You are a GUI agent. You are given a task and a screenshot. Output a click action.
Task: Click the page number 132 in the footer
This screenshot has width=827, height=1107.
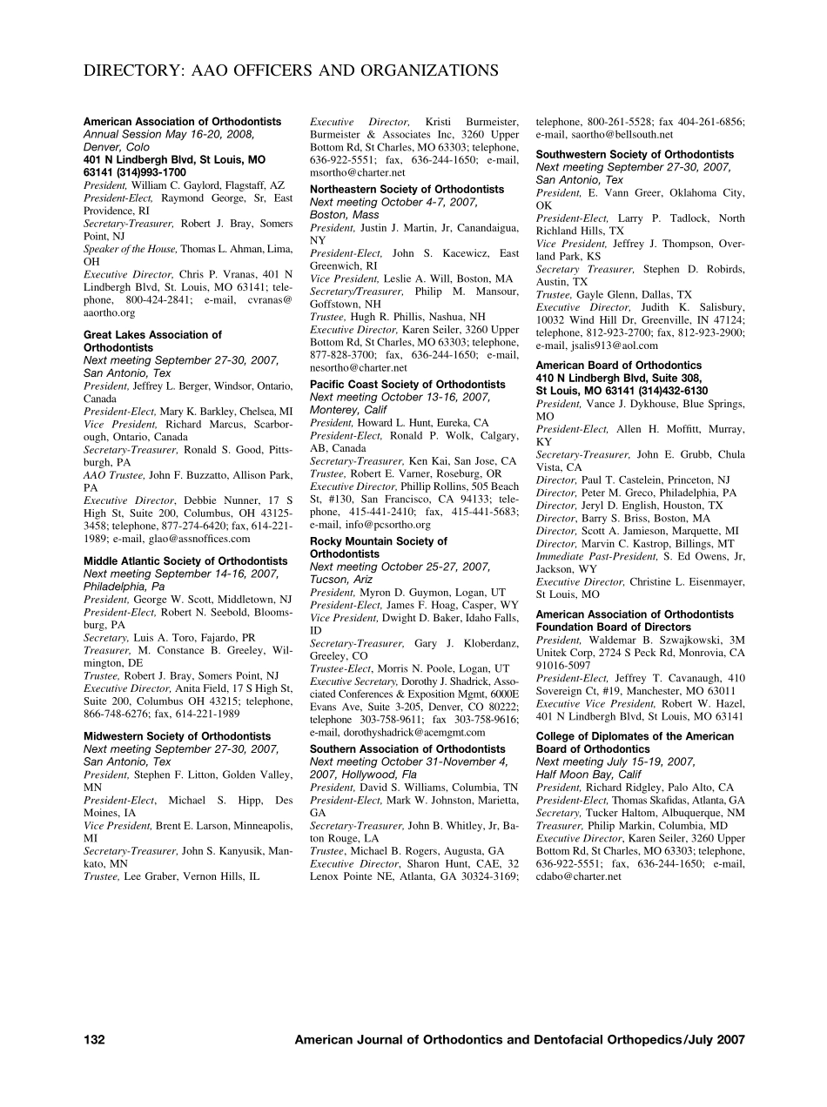pyautogui.click(x=94, y=1039)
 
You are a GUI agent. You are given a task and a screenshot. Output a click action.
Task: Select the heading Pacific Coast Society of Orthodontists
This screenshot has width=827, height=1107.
pyautogui.click(x=407, y=385)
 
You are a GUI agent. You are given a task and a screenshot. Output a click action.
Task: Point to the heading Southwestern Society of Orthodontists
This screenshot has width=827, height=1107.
pyautogui.click(x=635, y=155)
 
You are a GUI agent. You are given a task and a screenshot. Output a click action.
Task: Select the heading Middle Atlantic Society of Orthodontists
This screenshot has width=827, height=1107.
pyautogui.click(x=185, y=561)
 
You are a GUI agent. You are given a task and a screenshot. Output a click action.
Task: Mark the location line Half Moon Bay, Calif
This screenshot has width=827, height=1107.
pyautogui.click(x=588, y=775)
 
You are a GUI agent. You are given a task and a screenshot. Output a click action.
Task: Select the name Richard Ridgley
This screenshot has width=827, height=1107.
pyautogui.click(x=624, y=788)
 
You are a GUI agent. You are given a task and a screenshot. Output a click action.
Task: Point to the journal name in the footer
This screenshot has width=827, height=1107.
pyautogui.click(x=520, y=1039)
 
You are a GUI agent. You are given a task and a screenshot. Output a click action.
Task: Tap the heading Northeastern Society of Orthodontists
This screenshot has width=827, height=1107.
pyautogui.click(x=407, y=189)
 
